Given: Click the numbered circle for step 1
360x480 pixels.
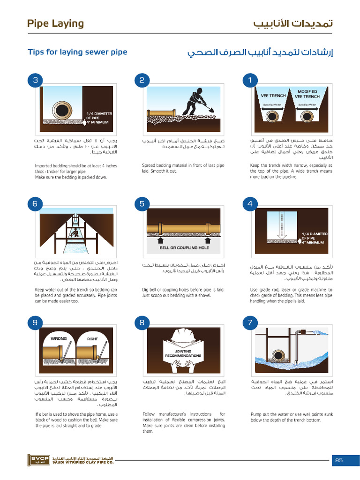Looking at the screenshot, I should [x=250, y=80].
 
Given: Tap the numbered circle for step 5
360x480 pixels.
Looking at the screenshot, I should [x=142, y=203].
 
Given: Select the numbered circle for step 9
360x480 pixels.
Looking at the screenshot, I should [x=35, y=322].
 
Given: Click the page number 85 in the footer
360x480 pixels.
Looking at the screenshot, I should [x=339, y=460].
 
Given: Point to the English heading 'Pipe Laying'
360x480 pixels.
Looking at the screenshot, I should [x=55, y=23].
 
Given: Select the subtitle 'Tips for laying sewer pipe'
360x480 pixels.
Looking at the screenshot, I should [x=77, y=52].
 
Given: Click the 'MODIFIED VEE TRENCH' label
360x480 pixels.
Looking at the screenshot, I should [x=307, y=94].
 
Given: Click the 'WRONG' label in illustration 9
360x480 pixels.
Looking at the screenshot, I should [x=59, y=338].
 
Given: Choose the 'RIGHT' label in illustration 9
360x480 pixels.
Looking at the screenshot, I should [x=92, y=338].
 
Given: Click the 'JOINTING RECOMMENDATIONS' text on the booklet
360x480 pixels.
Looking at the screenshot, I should [x=183, y=353].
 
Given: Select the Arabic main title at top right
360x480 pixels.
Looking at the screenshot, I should [x=293, y=23].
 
